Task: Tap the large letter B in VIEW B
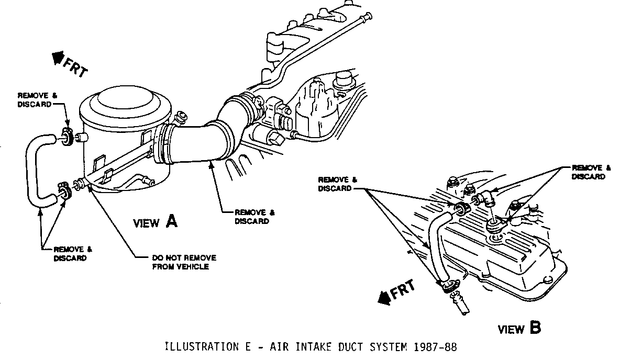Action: coord(535,328)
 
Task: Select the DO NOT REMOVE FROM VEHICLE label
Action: coord(184,262)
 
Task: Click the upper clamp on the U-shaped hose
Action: coord(67,138)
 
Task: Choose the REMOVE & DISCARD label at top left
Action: coord(35,99)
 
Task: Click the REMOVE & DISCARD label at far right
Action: coord(591,172)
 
